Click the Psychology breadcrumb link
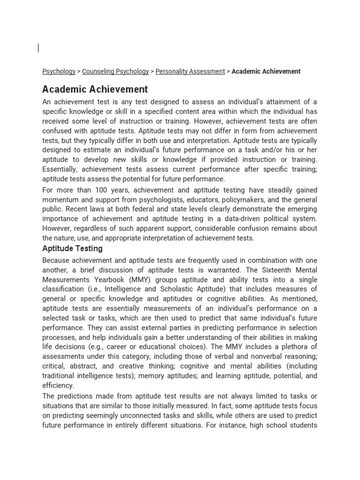tap(59, 71)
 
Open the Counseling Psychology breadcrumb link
tap(115, 71)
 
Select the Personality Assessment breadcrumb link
tap(190, 71)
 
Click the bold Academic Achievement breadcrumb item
tap(266, 71)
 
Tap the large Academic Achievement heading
tap(95, 89)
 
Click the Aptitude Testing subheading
tap(72, 248)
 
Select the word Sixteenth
tap(272, 270)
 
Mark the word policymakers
tap(250, 200)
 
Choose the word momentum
tap(60, 200)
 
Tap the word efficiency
tap(58, 385)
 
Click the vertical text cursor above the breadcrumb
tap(38, 47)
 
